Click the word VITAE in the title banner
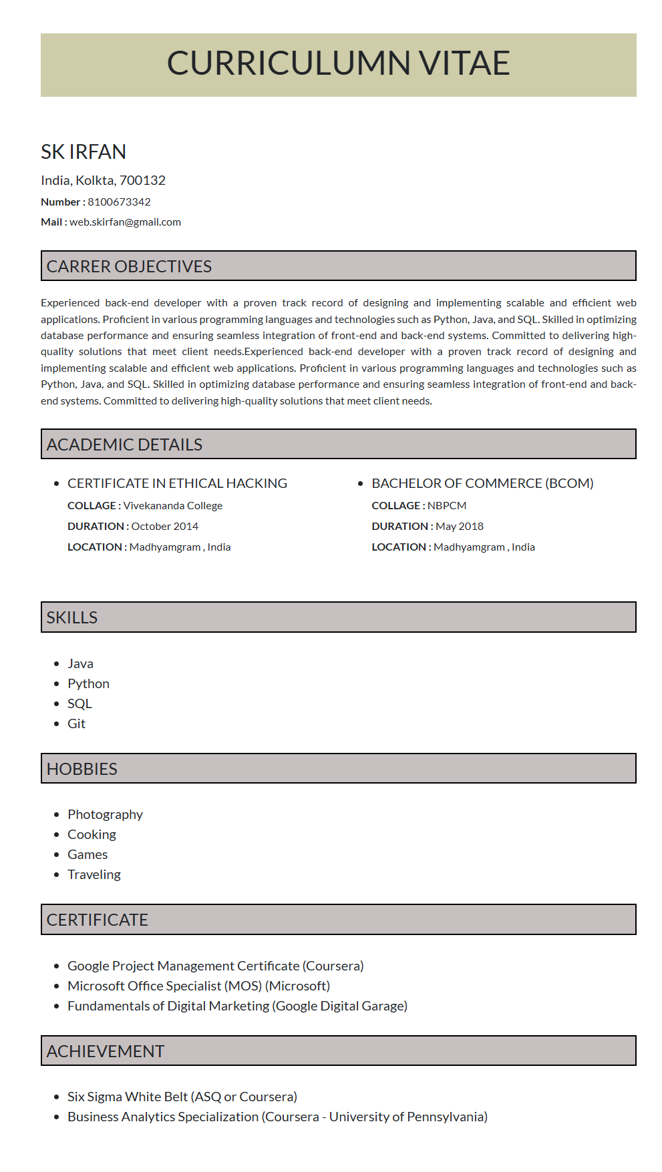(464, 63)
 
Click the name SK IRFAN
(84, 152)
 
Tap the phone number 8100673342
(119, 202)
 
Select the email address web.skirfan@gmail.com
(125, 222)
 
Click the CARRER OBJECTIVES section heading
(129, 266)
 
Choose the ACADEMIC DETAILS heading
(124, 445)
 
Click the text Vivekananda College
(173, 505)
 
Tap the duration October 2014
(165, 526)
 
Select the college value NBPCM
(447, 505)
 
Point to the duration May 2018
(460, 526)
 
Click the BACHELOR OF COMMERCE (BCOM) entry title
(482, 483)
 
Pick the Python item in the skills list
(88, 683)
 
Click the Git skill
(76, 723)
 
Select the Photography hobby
(105, 814)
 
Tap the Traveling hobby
(94, 874)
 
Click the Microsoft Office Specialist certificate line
(198, 986)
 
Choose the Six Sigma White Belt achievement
(182, 1097)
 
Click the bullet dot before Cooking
(57, 835)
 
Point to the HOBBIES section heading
(82, 769)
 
